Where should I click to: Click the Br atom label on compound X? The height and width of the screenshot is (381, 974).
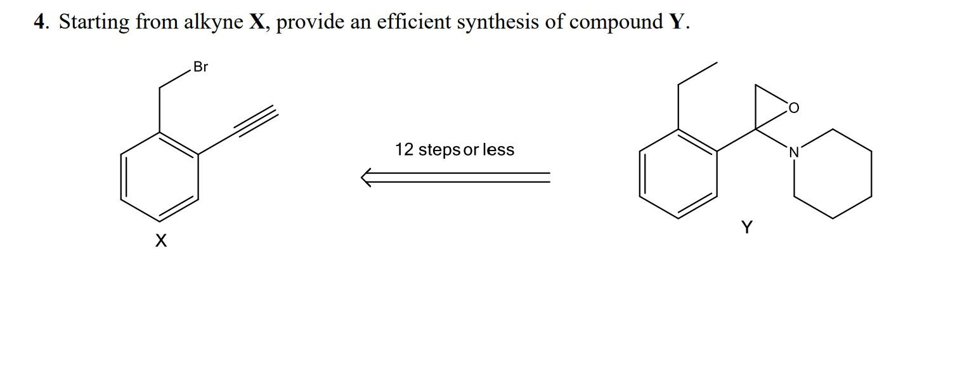[x=200, y=67]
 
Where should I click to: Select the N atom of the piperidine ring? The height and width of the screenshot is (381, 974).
[x=793, y=152]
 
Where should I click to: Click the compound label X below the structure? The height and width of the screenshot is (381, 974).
[x=161, y=241]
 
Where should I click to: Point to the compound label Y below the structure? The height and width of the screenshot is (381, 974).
[x=747, y=227]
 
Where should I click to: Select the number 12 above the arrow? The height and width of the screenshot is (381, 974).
[x=405, y=150]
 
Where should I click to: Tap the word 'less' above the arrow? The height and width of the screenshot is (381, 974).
[x=498, y=150]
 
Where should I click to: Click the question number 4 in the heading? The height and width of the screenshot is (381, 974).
[x=40, y=22]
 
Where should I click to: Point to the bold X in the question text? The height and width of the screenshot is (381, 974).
[x=257, y=22]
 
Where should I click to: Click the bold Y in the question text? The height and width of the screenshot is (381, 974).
[x=676, y=22]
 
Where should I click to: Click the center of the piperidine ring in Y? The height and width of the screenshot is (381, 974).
[x=833, y=174]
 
